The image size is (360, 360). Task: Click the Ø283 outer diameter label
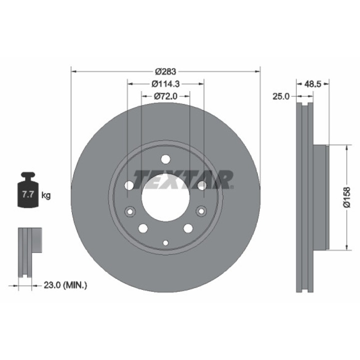(165, 71)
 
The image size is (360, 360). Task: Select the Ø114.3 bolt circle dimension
(165, 84)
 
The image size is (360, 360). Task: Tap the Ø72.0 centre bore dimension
(165, 96)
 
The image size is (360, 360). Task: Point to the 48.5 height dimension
(312, 84)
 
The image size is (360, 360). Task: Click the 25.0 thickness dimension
(281, 96)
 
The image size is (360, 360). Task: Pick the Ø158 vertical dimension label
(347, 197)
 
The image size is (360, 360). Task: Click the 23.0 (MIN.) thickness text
(65, 285)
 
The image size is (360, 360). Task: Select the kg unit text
(46, 195)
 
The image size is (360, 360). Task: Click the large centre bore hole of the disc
(165, 197)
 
